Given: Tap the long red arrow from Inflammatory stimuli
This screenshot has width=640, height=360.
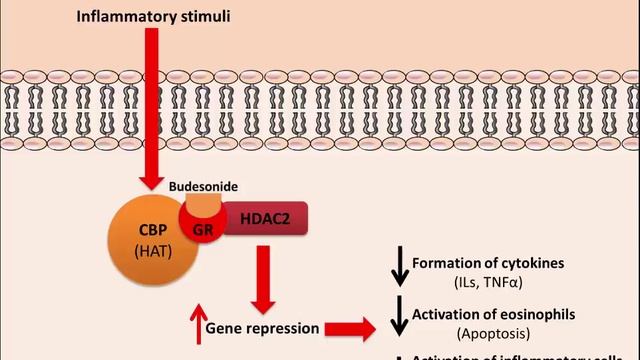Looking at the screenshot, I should coord(149,110).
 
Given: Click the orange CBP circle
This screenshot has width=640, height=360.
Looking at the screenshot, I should coord(144,241).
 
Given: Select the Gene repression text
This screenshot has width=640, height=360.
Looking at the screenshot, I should coord(262,327).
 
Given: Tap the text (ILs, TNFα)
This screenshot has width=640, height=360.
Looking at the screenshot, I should coord(497,283).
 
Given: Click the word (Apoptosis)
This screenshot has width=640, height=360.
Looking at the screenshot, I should coord(496,332).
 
